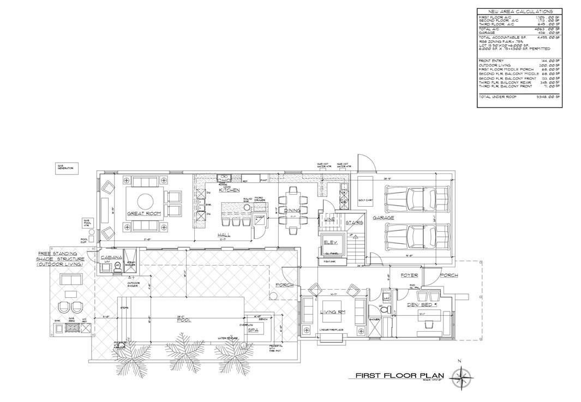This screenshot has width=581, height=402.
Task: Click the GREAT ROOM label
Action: [145, 214]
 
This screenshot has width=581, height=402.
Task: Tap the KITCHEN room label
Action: [230, 190]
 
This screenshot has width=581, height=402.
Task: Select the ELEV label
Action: [329, 242]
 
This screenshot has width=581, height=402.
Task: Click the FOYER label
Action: [409, 275]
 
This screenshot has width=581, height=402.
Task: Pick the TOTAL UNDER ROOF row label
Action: [496, 97]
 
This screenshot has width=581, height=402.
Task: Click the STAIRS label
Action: [354, 223]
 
